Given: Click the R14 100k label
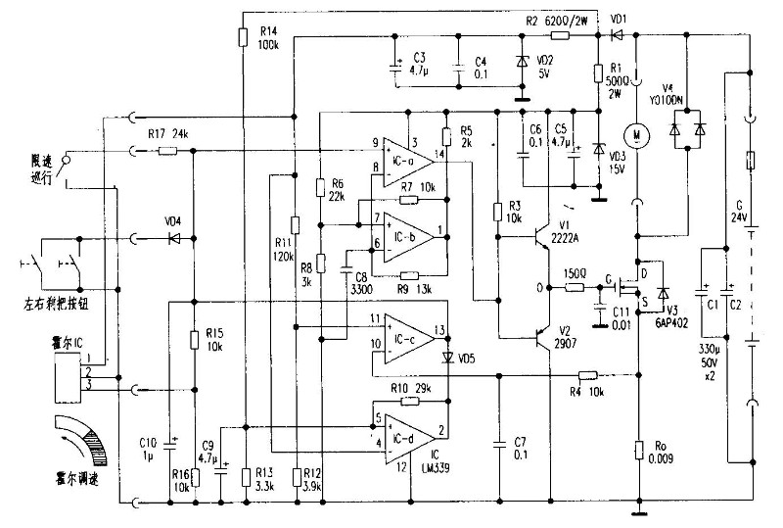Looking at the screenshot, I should (x=267, y=39).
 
